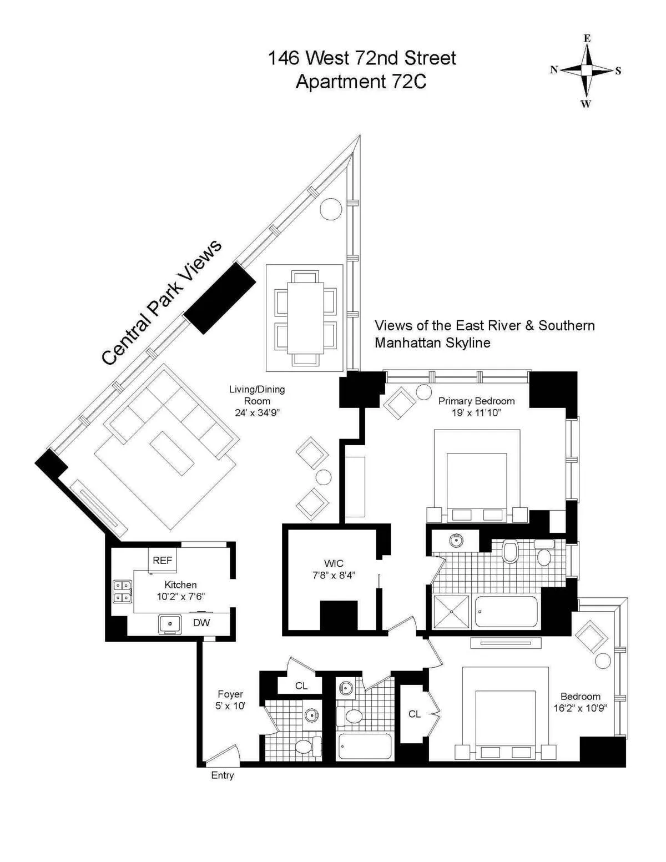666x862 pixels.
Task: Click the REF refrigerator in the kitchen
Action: [x=162, y=560]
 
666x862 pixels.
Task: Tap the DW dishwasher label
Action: [x=201, y=623]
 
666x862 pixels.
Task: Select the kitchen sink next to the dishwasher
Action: [x=170, y=624]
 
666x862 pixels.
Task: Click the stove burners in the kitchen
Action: [x=122, y=591]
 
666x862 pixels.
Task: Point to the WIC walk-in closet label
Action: [x=334, y=564]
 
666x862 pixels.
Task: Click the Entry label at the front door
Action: [x=223, y=775]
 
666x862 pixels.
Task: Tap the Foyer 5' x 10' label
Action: [x=230, y=700]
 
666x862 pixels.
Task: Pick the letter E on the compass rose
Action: [x=587, y=39]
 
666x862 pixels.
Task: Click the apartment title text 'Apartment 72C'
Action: [x=361, y=82]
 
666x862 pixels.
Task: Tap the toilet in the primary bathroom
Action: [x=509, y=552]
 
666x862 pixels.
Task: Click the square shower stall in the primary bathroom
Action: [x=451, y=611]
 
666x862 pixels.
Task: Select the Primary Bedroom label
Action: [x=476, y=401]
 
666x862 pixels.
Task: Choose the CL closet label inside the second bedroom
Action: [x=415, y=714]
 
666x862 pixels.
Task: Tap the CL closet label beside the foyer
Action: [x=301, y=686]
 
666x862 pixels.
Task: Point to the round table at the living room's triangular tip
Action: [x=331, y=208]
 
